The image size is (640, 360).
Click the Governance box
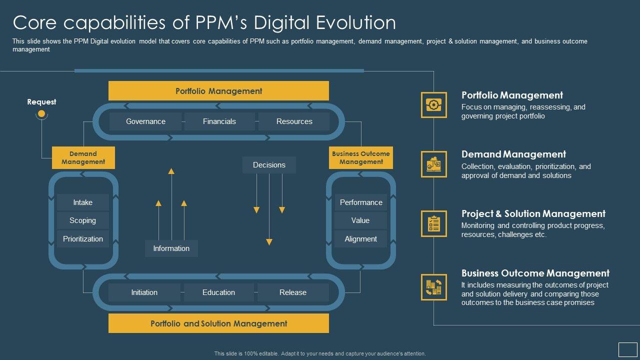coord(145,121)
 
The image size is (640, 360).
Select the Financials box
coord(219,121)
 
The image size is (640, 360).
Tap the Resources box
coord(294,121)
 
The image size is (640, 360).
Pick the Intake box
coord(82,202)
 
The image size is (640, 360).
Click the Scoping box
coord(82,220)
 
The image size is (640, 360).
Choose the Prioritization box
coord(82,239)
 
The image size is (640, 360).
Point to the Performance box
coord(360,202)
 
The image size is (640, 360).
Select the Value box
coord(360,220)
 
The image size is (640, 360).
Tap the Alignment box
coord(360,239)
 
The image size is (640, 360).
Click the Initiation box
coord(144,292)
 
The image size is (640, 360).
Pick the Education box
coord(218,292)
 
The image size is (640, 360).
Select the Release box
coord(293,292)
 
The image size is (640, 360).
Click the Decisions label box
coord(269,165)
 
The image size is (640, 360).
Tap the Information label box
coord(171,248)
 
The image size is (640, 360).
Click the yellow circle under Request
coord(41,114)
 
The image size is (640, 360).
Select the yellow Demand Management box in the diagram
coord(83,157)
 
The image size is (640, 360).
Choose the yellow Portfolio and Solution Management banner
coord(218,323)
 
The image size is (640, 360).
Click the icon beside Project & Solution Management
coord(433,223)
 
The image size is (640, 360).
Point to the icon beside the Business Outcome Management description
coord(433,287)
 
